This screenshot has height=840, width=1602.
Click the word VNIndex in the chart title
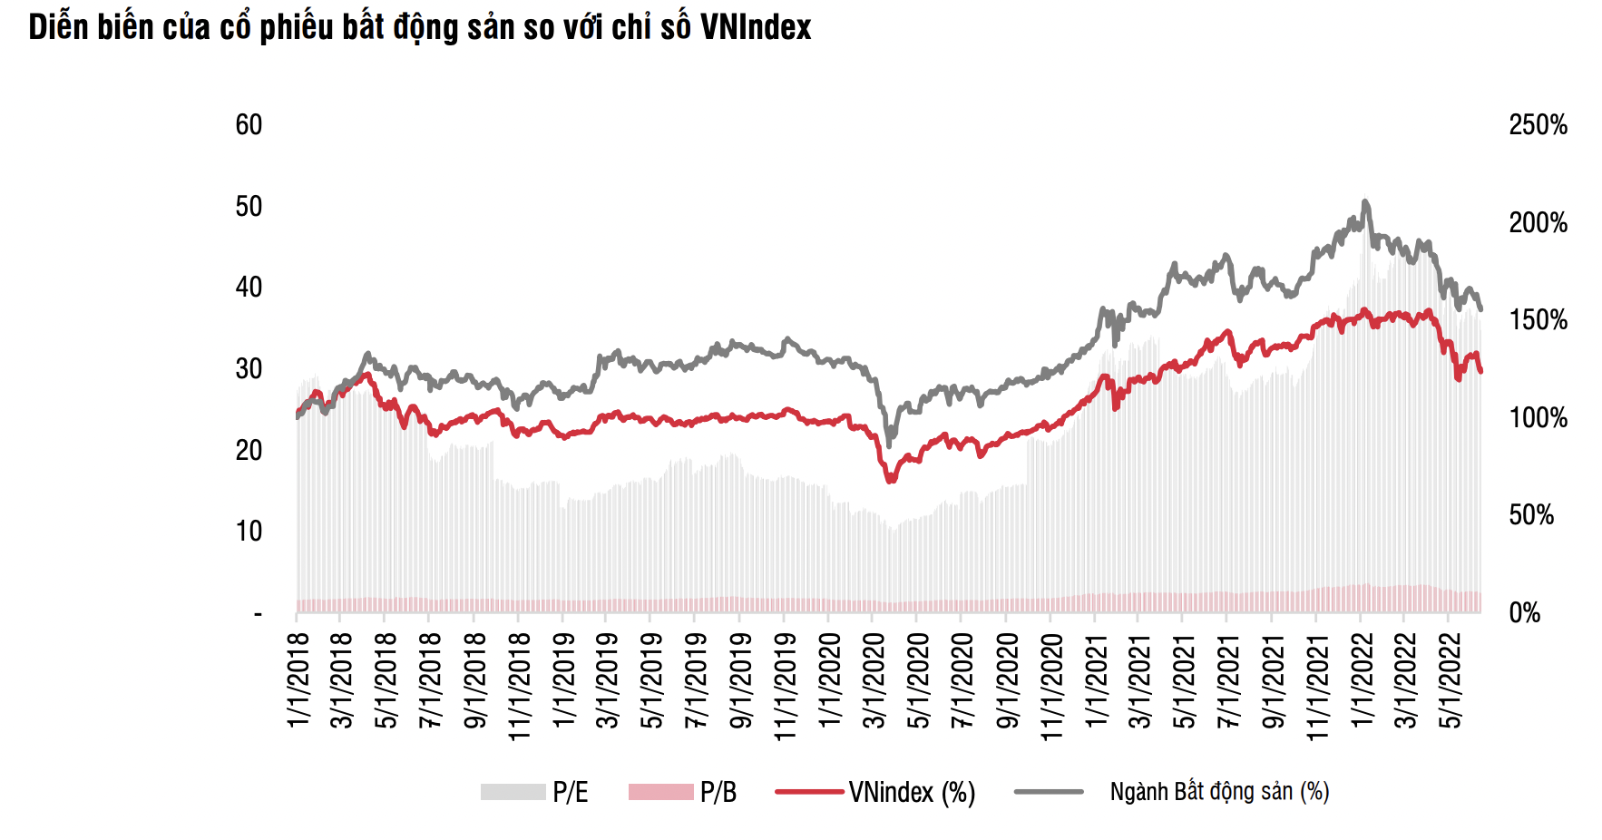pos(755,27)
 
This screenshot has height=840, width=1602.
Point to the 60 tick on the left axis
pos(249,125)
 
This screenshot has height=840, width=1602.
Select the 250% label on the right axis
pos(1538,125)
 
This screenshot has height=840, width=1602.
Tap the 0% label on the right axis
pos(1525,613)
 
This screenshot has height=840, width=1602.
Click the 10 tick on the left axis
pos(249,532)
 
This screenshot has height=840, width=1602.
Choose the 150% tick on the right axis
pos(1538,320)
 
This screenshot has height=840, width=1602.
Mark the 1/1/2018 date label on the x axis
pos(298,680)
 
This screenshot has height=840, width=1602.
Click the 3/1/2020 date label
pos(874,680)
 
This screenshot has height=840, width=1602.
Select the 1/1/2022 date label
pos(1361,680)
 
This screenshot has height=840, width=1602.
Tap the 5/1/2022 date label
pos(1450,680)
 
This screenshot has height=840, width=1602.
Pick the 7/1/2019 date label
pos(696,680)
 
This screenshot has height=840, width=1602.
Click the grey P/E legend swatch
pos(513,792)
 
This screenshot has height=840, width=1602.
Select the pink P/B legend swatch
pos(660,792)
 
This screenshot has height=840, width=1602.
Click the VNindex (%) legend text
pos(912,793)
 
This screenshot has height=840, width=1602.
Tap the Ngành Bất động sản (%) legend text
pos(1219,792)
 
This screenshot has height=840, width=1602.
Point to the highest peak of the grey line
pos(1365,201)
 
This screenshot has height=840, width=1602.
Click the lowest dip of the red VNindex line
pos(890,481)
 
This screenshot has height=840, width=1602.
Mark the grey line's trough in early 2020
pos(889,444)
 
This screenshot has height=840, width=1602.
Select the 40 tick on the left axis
pos(249,288)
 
